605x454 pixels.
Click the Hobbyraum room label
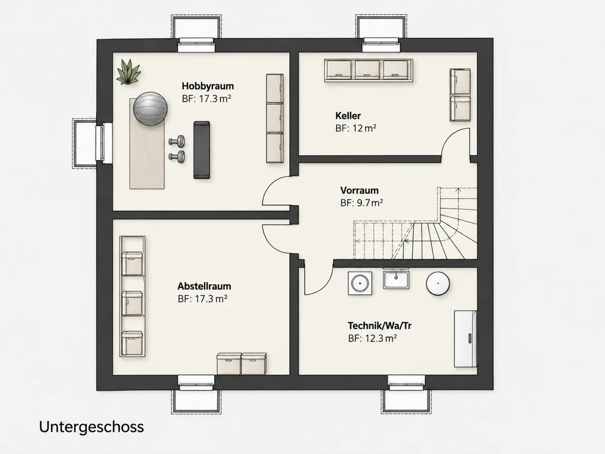(x=208, y=86)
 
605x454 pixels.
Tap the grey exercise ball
(x=150, y=108)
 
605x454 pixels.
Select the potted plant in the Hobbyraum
(x=128, y=72)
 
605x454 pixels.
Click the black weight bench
(x=202, y=150)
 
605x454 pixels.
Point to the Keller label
(x=348, y=116)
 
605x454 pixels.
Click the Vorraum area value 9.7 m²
(x=370, y=203)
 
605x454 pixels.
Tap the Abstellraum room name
(x=204, y=286)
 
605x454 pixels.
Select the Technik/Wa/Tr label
(x=380, y=326)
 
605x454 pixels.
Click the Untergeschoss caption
(x=91, y=427)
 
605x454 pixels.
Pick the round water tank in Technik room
(x=438, y=283)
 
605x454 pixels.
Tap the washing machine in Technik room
(x=359, y=283)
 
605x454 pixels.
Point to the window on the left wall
(x=104, y=143)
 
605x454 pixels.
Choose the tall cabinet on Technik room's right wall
(x=465, y=339)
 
